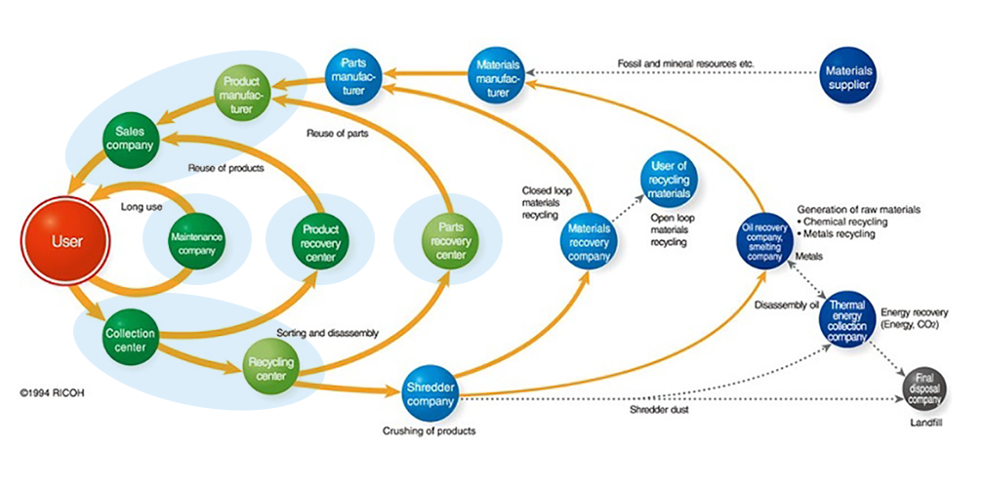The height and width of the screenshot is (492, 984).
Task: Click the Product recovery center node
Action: click(320, 243)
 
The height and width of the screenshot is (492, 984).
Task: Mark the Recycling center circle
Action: click(269, 369)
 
